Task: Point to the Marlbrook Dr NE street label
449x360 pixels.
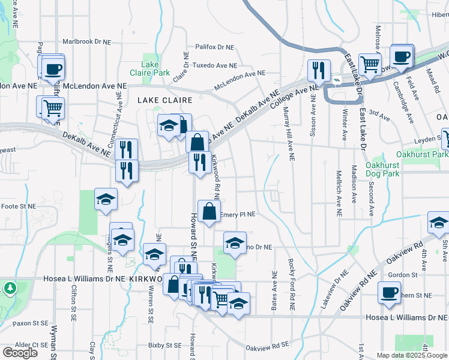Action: point(87,43)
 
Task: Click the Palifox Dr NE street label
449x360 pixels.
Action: point(217,46)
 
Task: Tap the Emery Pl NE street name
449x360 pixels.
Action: point(238,214)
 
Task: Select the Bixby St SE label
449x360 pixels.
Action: point(165,345)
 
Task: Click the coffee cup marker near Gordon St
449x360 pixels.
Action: point(389,293)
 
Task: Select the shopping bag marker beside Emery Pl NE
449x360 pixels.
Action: point(208,212)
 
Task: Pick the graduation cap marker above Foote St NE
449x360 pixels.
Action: point(106,199)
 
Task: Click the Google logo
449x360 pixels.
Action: point(20,352)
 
